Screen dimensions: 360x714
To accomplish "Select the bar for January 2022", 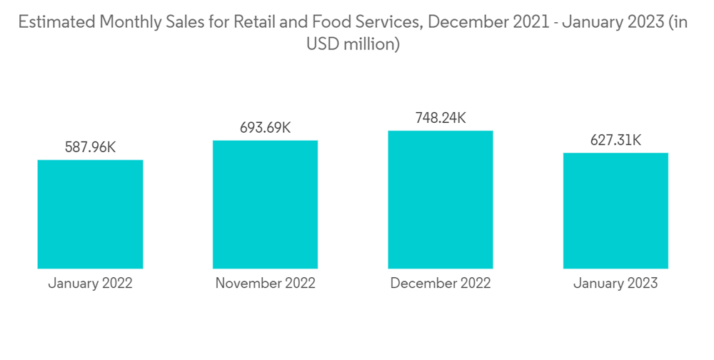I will click(x=90, y=214).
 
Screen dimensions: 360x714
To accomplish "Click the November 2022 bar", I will click(x=265, y=204).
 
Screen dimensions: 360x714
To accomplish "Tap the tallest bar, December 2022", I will click(x=441, y=199).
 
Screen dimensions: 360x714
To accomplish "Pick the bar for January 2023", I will click(x=615, y=211).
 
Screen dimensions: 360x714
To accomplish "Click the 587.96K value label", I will click(x=90, y=147).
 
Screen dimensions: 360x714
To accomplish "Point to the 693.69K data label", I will click(x=265, y=128).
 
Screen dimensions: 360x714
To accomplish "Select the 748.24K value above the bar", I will click(x=441, y=118).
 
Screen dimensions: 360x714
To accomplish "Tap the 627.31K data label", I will click(x=615, y=140).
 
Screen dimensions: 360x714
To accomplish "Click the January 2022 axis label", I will click(x=90, y=283).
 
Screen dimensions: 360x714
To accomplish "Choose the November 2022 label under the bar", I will click(x=265, y=283).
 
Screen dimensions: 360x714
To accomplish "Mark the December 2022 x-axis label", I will click(x=441, y=283).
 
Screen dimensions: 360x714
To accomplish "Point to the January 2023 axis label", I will click(x=615, y=283).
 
